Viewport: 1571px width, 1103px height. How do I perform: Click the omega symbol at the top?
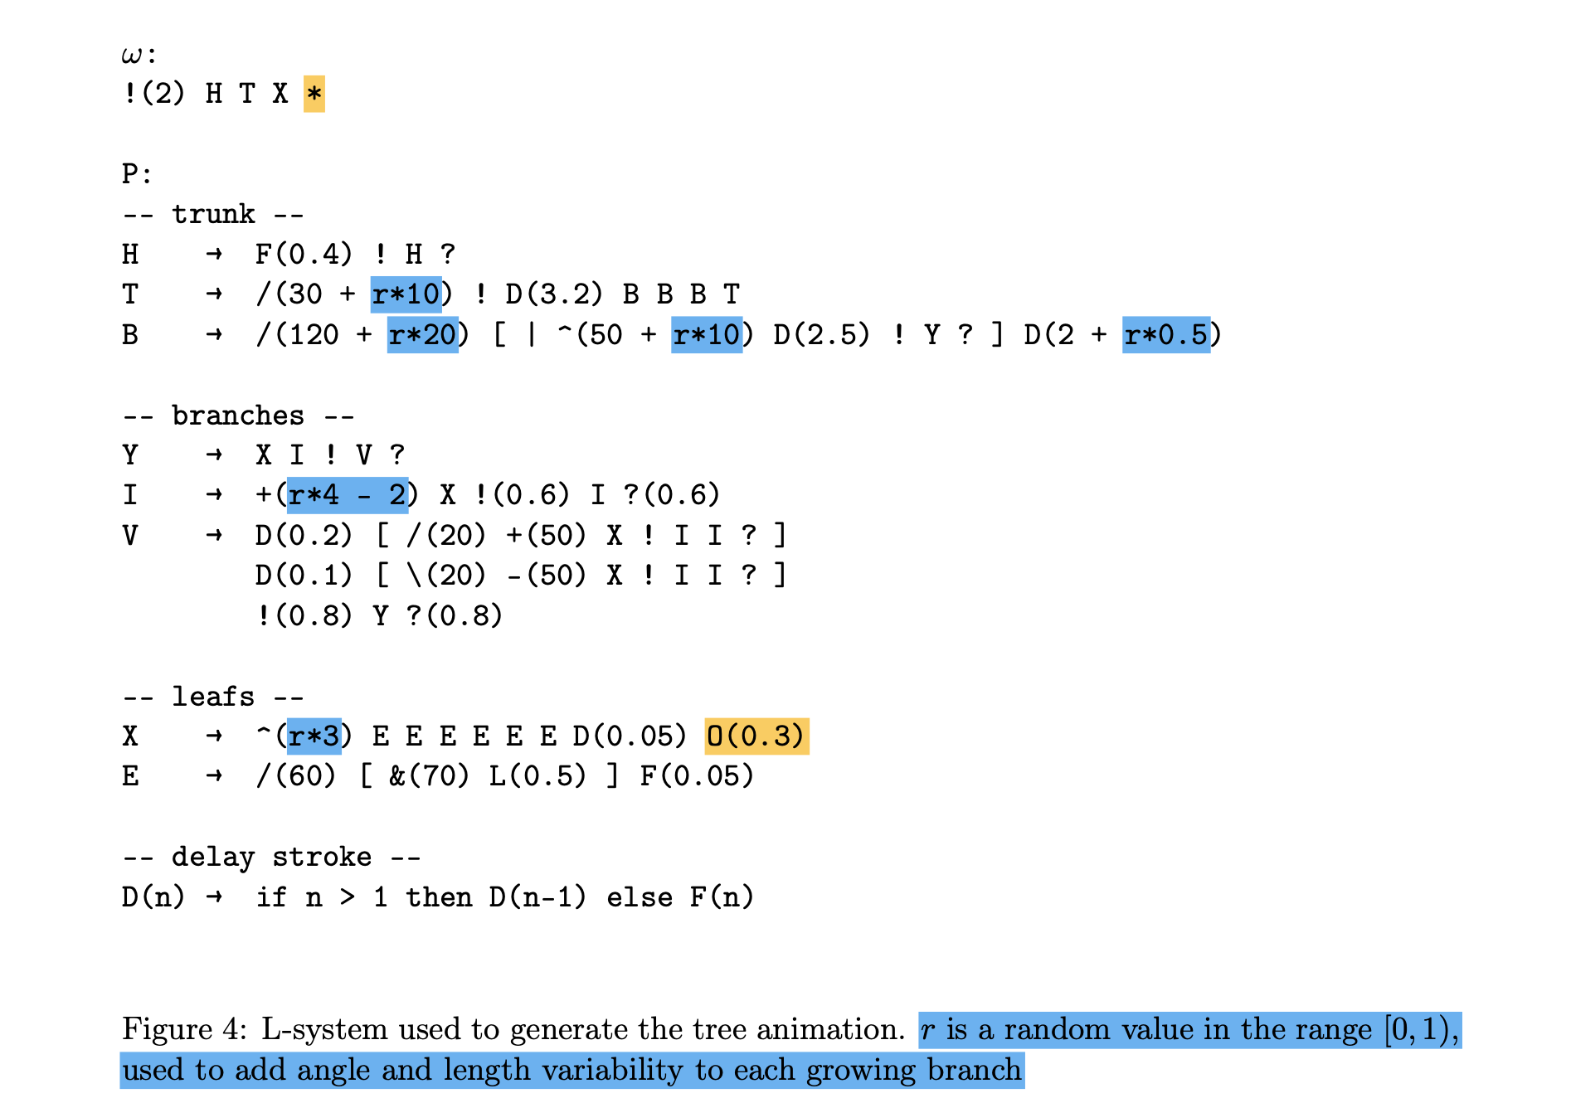132,56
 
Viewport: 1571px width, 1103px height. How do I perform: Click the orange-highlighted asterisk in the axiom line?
314,94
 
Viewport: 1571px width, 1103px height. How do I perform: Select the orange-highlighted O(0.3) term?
756,736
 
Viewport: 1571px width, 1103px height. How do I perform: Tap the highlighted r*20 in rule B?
422,335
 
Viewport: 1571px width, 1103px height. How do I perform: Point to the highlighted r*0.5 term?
1165,335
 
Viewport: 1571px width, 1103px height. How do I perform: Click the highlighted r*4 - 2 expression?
347,495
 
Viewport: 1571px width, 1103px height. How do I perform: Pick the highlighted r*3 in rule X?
314,736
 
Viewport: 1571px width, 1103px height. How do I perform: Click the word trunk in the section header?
213,214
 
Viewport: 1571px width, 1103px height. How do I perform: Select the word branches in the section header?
238,415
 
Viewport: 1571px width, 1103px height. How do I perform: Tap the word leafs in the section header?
213,697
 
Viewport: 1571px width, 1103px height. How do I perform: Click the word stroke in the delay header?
322,857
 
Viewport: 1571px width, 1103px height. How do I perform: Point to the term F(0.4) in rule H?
304,254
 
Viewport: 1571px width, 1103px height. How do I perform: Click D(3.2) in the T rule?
554,294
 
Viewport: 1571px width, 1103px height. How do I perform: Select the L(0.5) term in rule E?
537,776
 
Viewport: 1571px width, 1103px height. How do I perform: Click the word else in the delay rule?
639,897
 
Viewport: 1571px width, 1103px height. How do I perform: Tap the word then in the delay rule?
439,897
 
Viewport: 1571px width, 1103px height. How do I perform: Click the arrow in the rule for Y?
214,455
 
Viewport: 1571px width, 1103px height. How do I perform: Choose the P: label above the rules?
137,174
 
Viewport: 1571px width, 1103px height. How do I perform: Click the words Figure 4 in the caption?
182,1029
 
